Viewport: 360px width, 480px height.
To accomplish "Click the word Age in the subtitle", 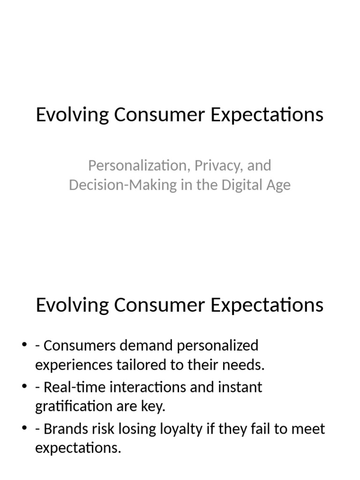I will [x=278, y=185].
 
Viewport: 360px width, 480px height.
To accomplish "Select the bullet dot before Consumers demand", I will [x=24, y=346].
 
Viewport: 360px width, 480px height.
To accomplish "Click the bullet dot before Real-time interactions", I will [x=24, y=388].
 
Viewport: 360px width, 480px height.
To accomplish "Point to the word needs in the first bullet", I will [x=245, y=366].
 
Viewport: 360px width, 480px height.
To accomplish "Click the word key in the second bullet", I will [x=153, y=407].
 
